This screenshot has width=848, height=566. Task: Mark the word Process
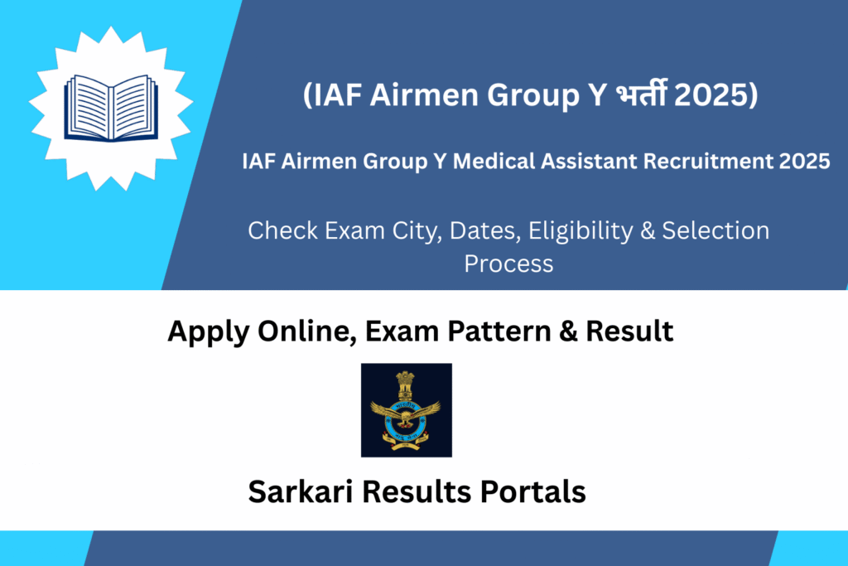click(508, 264)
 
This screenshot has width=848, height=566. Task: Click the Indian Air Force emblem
click(406, 409)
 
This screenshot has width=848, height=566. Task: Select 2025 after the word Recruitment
click(803, 162)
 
